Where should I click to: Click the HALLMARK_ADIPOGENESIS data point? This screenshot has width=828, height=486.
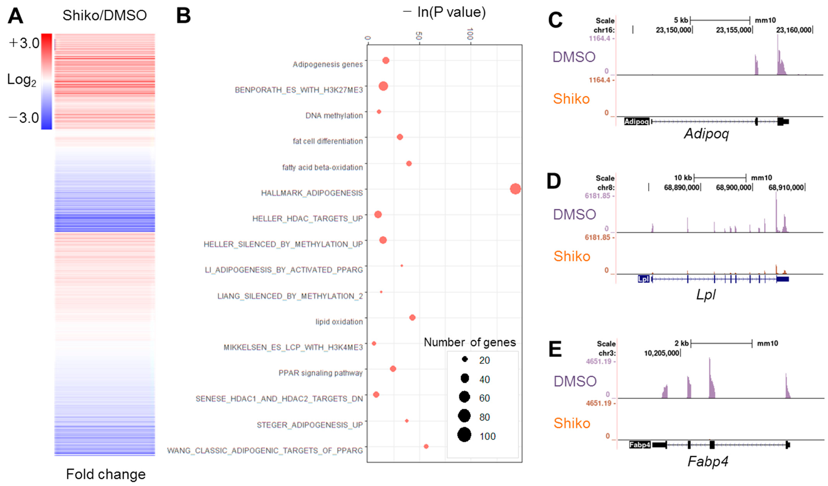coord(515,189)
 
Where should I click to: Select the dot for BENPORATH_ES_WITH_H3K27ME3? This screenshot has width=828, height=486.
coord(383,86)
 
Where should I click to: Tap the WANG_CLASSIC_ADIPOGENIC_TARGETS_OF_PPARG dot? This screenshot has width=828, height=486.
coord(426,446)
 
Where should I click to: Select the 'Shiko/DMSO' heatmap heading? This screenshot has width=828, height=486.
coord(104,15)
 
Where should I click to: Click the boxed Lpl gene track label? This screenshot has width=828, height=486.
coord(643,279)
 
